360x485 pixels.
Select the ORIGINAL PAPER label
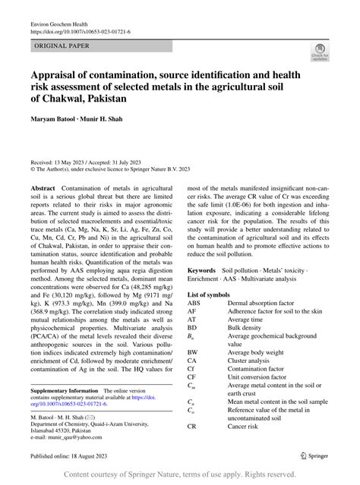click(x=61, y=46)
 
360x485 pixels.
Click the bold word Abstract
click(x=42, y=187)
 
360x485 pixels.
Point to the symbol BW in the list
click(x=194, y=352)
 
